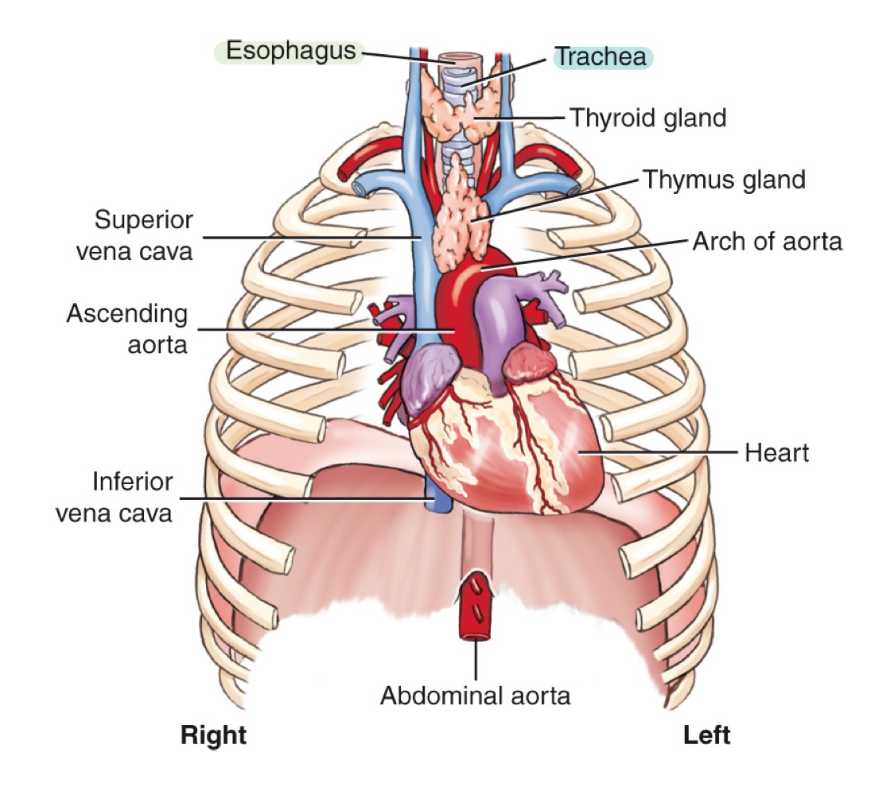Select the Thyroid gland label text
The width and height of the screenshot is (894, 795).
[x=647, y=118]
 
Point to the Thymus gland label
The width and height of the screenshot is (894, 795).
[x=724, y=180]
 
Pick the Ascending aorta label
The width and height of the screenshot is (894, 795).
[x=127, y=328]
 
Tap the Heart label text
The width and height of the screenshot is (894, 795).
[x=776, y=453]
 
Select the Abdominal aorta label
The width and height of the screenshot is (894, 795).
[x=475, y=696]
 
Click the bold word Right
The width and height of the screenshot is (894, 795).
[x=214, y=735]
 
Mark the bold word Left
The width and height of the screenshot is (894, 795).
[x=706, y=735]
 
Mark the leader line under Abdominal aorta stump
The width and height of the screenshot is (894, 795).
[x=476, y=660]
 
